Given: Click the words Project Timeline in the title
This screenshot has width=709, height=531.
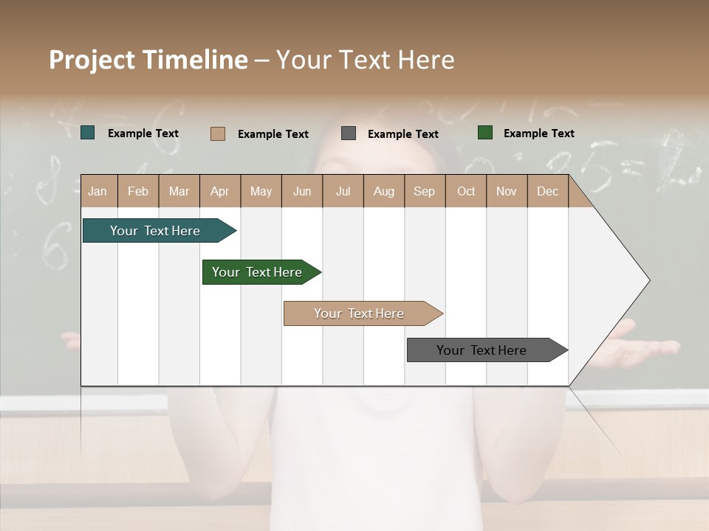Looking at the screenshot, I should [148, 60].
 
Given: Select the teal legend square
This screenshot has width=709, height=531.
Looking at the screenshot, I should [88, 133].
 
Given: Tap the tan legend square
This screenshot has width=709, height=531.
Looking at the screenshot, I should [218, 133].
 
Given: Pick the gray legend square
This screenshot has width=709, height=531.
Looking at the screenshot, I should [349, 133].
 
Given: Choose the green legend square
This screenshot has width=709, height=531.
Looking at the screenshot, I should [485, 133].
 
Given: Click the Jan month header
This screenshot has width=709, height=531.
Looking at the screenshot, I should [97, 191].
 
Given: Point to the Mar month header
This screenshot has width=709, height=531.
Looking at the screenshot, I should [179, 191].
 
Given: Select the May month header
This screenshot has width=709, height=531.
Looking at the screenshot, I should [261, 191].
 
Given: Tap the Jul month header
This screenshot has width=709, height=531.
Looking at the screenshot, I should [343, 191].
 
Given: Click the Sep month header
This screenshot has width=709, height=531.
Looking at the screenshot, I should [424, 191].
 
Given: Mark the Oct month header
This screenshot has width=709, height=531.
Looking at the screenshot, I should [466, 191].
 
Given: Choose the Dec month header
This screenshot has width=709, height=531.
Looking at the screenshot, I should [547, 191].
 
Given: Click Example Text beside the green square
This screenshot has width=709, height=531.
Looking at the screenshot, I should [538, 133].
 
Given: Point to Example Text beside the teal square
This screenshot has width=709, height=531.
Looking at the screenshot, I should [143, 133].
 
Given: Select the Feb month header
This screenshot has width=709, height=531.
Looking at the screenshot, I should [138, 191].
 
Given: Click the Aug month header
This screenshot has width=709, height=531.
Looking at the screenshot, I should [383, 191].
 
